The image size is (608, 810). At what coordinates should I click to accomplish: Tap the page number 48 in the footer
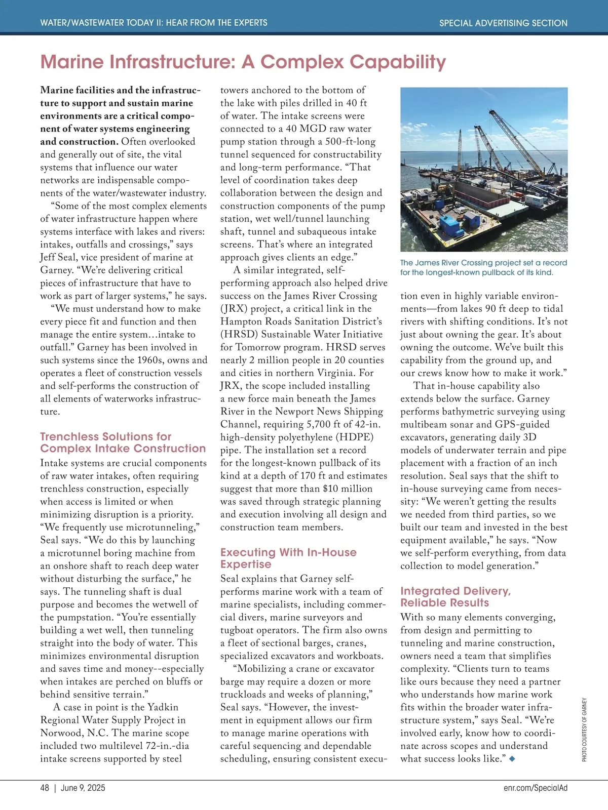pyautogui.click(x=45, y=788)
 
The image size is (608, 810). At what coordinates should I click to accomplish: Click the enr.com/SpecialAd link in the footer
pyautogui.click(x=536, y=788)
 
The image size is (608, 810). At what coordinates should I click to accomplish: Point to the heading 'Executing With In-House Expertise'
pyautogui.click(x=288, y=558)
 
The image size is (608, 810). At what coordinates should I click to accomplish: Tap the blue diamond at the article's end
pyautogui.click(x=513, y=758)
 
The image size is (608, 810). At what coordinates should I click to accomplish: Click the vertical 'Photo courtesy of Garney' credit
pyautogui.click(x=584, y=729)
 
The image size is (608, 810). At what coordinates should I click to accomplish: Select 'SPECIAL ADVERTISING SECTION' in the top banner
pyautogui.click(x=503, y=23)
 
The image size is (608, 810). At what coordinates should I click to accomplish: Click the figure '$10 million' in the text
pyautogui.click(x=348, y=489)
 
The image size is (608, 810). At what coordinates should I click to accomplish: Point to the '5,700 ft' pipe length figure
pyautogui.click(x=307, y=424)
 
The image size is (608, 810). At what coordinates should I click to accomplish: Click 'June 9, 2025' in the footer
pyautogui.click(x=83, y=788)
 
